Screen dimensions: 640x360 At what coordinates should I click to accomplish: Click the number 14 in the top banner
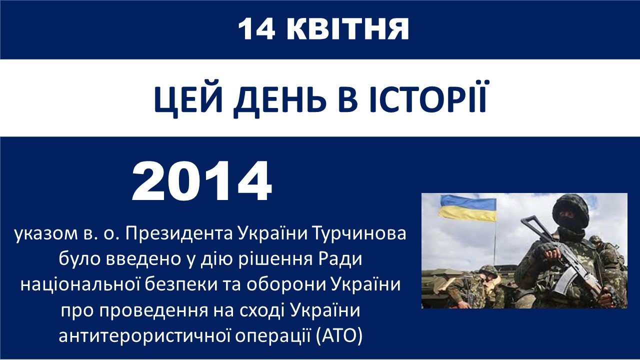point(256,29)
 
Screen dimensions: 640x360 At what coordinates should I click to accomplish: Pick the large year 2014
point(201,181)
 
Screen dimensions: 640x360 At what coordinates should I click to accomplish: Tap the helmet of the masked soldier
point(570,207)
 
